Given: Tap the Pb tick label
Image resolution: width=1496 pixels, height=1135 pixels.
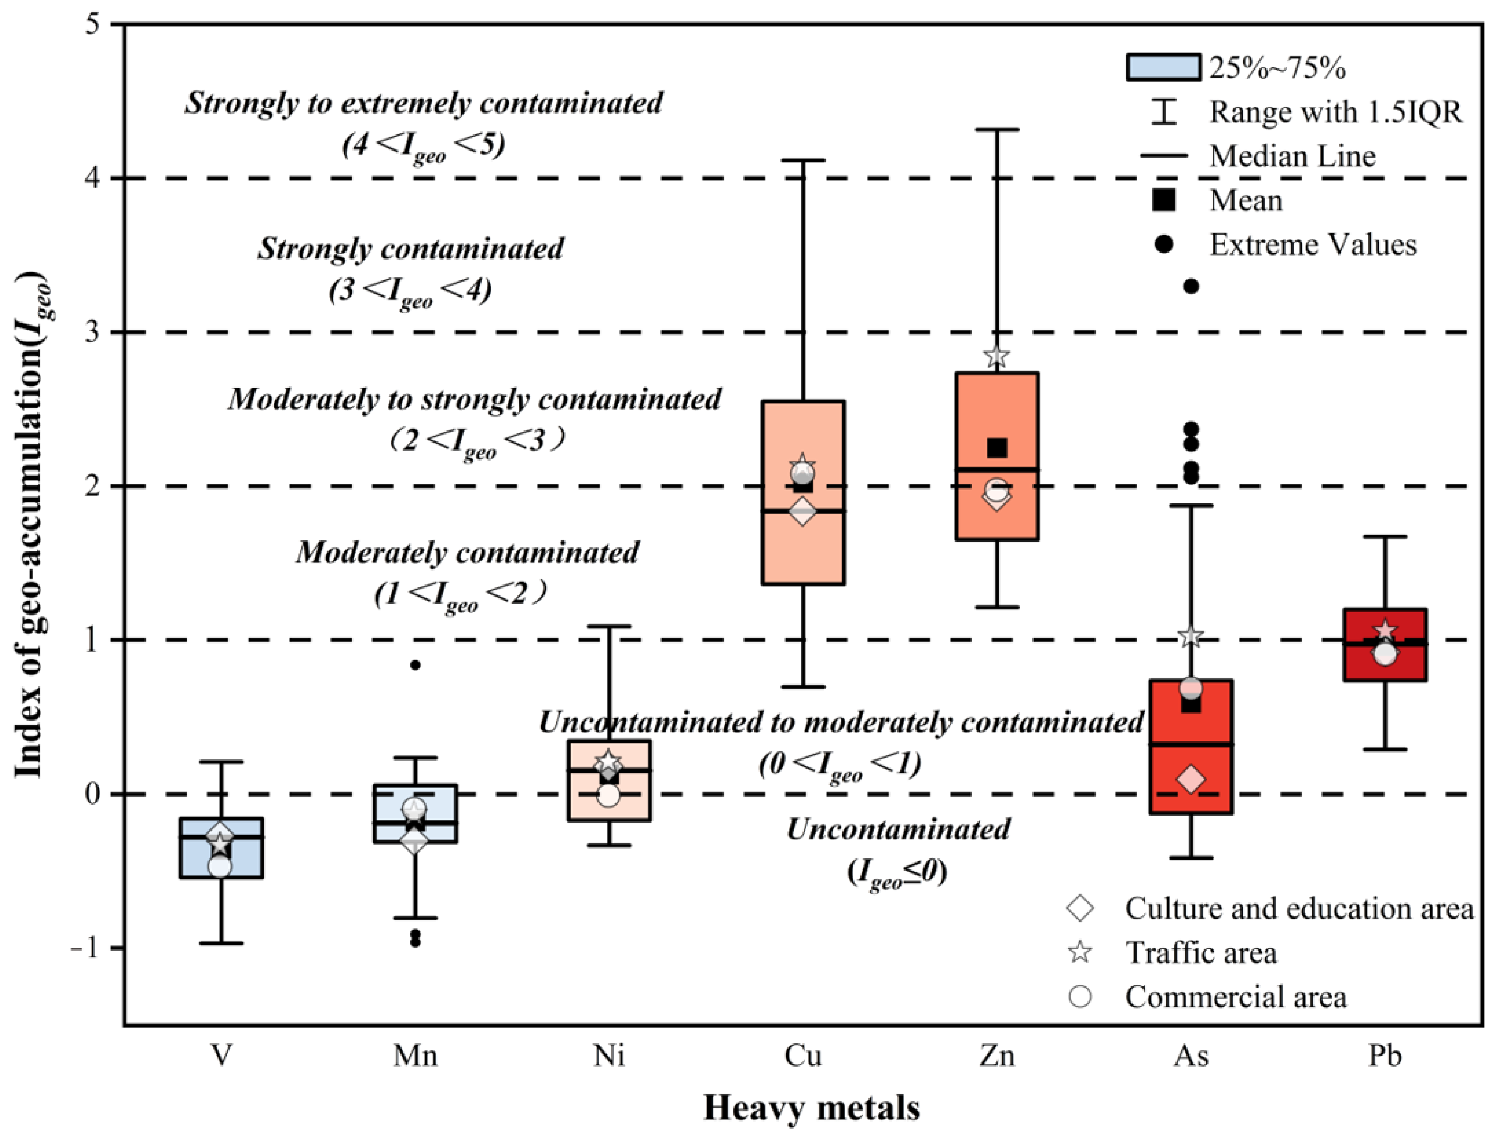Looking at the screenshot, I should coord(1385,1055).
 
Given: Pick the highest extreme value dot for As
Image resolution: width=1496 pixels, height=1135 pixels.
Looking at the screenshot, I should coord(1191,286).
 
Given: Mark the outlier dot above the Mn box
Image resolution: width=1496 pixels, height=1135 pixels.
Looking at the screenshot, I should coord(415,665).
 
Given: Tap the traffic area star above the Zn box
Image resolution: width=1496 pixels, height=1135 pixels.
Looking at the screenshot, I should coord(997,356).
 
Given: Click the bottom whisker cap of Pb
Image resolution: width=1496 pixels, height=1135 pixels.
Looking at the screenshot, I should coord(1385,750).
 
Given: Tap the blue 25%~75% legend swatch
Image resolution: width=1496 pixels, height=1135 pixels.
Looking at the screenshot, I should coord(1163,67).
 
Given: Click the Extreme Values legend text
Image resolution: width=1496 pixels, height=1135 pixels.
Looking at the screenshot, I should coord(1312,245).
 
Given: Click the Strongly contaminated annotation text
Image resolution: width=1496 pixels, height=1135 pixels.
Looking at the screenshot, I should coord(411,249).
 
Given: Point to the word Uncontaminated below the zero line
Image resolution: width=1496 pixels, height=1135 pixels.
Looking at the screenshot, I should coord(898,829).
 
